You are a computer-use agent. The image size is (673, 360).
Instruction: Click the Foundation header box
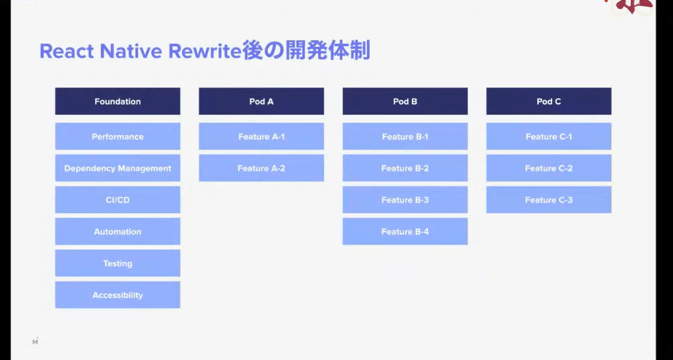pos(117,102)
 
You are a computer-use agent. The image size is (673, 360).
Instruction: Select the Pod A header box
pos(261,102)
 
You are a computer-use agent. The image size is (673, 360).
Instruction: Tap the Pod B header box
pos(405,102)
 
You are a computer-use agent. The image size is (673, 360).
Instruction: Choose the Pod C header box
pos(549,102)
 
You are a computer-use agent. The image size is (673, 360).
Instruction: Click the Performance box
pos(117,136)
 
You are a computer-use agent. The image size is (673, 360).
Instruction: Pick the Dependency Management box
pos(117,168)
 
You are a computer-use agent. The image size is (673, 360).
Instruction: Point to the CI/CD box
pos(117,200)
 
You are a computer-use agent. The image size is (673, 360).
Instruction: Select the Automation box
pos(117,231)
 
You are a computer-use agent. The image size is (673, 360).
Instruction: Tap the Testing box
pos(117,263)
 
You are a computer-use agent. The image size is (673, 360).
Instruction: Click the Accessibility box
pos(117,295)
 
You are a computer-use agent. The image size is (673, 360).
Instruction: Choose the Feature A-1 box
pos(261,136)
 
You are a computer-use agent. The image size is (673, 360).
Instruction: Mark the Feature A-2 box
pos(261,168)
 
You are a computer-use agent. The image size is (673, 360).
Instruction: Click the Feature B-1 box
pos(405,136)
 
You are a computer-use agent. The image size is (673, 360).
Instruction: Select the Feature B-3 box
pos(405,200)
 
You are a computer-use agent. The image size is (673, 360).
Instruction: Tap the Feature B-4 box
pos(405,231)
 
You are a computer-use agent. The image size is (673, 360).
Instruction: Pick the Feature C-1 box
pos(549,136)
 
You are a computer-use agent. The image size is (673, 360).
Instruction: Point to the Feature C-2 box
pos(549,168)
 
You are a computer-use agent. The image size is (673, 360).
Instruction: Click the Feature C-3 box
pos(549,200)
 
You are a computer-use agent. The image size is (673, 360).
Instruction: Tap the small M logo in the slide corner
pos(35,341)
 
